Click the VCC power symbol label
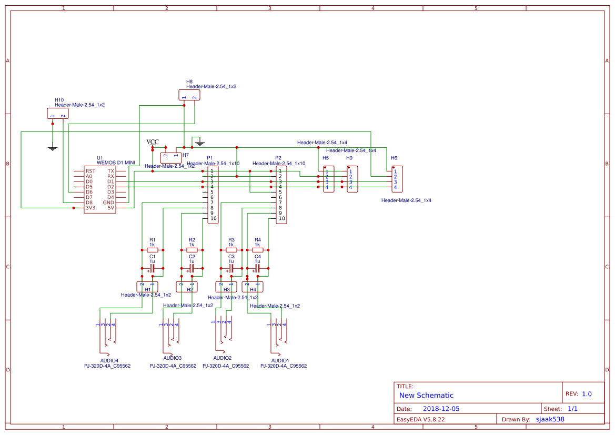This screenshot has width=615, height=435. pyautogui.click(x=153, y=142)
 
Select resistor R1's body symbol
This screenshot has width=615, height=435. pyautogui.click(x=152, y=250)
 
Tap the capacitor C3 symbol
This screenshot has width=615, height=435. pyautogui.click(x=231, y=268)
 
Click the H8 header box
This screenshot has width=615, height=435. pyautogui.click(x=189, y=95)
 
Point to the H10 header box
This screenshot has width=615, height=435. pyautogui.click(x=57, y=113)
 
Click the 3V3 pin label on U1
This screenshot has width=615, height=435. pyautogui.click(x=90, y=208)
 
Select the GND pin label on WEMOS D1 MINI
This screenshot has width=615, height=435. pyautogui.click(x=108, y=203)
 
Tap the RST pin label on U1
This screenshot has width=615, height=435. pyautogui.click(x=90, y=171)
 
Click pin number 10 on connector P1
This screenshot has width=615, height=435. pyautogui.click(x=213, y=218)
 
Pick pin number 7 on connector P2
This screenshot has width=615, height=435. pyautogui.click(x=280, y=203)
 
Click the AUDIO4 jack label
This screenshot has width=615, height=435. pyautogui.click(x=109, y=360)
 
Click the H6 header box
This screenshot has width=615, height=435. pyautogui.click(x=397, y=179)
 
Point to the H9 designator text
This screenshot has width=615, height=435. pyautogui.click(x=349, y=158)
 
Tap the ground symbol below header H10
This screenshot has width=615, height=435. pyautogui.click(x=52, y=148)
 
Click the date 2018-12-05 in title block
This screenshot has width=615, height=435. pyautogui.click(x=441, y=408)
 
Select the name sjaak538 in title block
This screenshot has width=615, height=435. pyautogui.click(x=550, y=419)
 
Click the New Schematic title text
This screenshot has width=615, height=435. pyautogui.click(x=426, y=395)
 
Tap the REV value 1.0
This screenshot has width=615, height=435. pyautogui.click(x=587, y=393)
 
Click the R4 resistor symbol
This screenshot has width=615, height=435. pyautogui.click(x=257, y=250)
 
